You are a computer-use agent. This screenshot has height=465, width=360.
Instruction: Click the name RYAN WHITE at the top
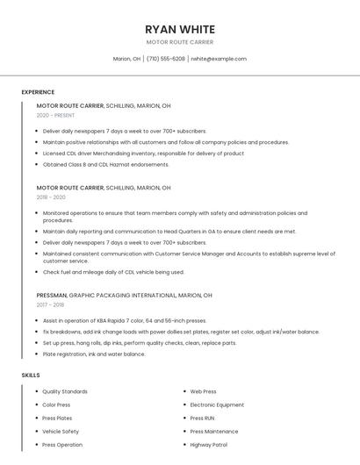[x=180, y=29]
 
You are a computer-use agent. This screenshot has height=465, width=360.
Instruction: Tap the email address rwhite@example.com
[x=219, y=59]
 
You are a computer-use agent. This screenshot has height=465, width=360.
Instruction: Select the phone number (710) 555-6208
[x=166, y=59]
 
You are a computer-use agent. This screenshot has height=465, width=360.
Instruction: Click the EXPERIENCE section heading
[x=38, y=92]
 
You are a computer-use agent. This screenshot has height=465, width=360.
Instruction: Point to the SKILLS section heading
[x=31, y=376]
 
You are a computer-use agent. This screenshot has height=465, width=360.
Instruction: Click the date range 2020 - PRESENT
[x=54, y=116]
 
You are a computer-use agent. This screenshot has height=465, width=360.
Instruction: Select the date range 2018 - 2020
[x=51, y=197]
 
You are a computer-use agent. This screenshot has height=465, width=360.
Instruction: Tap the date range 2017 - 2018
[x=50, y=305]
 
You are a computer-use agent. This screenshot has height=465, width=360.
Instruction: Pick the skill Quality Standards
[x=65, y=391]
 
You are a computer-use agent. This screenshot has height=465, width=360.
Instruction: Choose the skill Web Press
[x=203, y=391]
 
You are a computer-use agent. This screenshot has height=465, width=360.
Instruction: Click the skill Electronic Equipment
[x=217, y=404]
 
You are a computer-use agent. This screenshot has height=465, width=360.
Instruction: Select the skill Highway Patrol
[x=209, y=445]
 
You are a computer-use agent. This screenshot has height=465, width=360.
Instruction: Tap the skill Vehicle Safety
[x=61, y=432]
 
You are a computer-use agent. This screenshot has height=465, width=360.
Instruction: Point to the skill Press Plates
[x=58, y=418]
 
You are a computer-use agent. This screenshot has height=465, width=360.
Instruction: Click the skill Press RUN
[x=202, y=418]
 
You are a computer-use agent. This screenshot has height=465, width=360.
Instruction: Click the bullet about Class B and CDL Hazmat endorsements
[x=105, y=164]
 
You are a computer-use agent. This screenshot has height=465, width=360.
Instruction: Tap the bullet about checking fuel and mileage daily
[x=113, y=272]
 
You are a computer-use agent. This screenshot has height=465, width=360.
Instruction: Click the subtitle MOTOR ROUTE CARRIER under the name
[x=180, y=42]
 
